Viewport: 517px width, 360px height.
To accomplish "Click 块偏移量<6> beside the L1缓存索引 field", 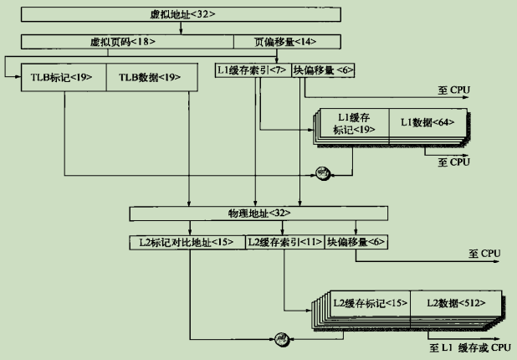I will click(322, 71).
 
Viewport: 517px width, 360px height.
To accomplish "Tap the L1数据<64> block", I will click(427, 122).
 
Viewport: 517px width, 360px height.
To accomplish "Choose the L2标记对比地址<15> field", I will click(187, 242).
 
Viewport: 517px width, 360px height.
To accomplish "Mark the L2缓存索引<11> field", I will click(284, 242).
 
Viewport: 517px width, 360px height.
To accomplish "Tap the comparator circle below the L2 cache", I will click(282, 338).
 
